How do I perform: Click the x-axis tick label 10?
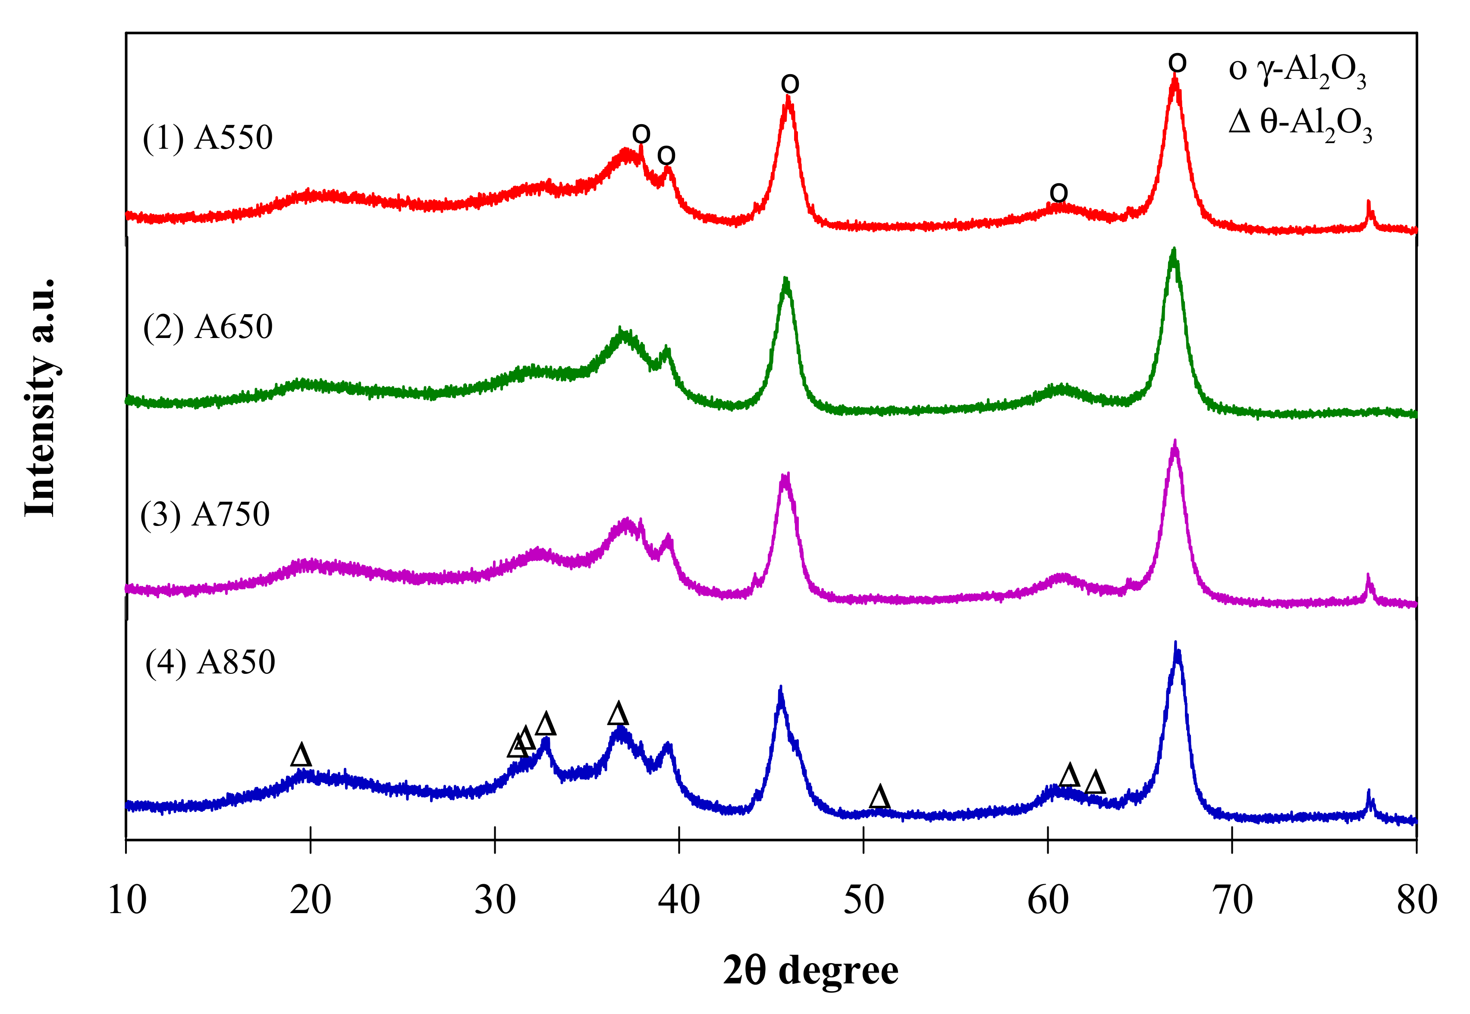tap(127, 900)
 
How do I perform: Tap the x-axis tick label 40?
tap(679, 900)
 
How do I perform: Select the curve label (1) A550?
tap(208, 138)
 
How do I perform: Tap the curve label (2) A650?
tap(208, 327)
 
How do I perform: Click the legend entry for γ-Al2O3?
tap(1297, 70)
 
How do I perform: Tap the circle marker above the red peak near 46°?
tap(789, 84)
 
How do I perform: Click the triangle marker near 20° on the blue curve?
tap(301, 755)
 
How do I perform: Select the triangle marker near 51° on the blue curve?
tap(879, 797)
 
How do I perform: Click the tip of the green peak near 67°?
tap(1174, 250)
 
